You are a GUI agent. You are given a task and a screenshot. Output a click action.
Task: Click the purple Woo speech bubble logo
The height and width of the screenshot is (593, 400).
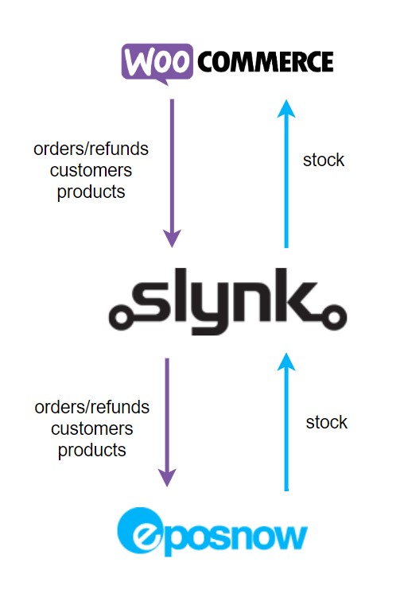coord(157,63)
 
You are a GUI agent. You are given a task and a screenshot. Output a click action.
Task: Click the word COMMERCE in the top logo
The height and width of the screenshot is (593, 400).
coord(266,62)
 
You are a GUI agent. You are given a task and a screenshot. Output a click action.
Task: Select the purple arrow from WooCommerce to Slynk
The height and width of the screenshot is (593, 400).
coord(172,173)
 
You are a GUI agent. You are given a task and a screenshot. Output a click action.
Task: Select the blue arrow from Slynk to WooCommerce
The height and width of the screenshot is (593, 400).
coord(286,173)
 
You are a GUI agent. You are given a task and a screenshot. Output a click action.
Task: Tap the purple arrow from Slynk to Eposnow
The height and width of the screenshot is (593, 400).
coord(167,422)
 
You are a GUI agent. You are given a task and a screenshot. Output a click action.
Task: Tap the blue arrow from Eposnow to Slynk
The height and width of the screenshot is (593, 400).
coord(286,422)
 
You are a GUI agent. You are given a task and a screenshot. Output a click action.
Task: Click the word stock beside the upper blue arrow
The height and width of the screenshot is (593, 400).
coord(324,160)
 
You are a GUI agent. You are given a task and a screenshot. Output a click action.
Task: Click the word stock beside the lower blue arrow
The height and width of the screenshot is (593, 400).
coord(327,422)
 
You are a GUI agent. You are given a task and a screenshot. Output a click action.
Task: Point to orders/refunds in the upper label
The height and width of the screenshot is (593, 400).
coord(91,149)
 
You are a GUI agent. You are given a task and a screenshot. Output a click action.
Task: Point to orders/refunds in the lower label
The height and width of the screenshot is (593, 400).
coord(92,407)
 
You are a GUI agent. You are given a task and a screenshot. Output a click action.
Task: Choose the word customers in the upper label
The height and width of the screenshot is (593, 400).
coord(91,171)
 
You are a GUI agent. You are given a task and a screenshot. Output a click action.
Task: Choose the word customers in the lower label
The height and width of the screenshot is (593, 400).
coord(92,429)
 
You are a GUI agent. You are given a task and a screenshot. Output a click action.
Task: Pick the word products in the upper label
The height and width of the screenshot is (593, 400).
coord(91,192)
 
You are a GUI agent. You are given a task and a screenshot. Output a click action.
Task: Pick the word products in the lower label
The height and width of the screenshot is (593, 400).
coord(92,451)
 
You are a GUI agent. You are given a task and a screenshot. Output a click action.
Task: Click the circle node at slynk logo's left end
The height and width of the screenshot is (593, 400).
coord(121,316)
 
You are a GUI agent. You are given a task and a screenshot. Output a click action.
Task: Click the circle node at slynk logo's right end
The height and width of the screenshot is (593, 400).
coord(334,317)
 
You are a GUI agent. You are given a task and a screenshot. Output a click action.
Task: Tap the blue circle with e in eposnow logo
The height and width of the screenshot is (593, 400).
coord(140,530)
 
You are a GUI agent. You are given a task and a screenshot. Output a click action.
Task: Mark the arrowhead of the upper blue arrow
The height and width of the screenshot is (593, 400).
coord(286,109)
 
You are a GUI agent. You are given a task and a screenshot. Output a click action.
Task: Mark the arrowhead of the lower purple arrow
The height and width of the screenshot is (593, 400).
coord(167,478)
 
